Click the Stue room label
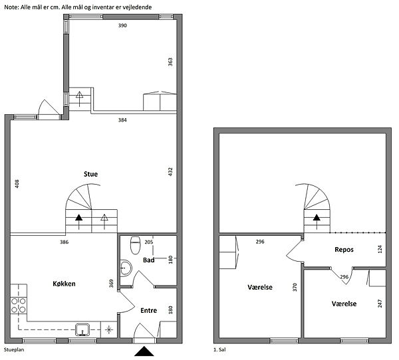coord(90,174)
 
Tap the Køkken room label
coord(64,284)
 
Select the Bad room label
coord(148,260)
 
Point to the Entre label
coord(148,310)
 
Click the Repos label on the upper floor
coord(344,250)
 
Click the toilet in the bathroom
coord(135,245)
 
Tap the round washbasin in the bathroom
coord(126,268)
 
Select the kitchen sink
coord(82,329)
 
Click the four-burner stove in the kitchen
coord(19,306)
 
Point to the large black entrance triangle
coord(144,351)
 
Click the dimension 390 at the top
coord(122,25)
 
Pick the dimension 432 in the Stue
coord(170,171)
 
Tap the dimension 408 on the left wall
coord(17,184)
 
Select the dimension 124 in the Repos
coord(380,249)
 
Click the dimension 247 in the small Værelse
coord(380,304)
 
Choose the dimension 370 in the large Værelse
coord(295,287)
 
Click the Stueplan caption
coord(14,350)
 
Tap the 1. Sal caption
coord(219,349)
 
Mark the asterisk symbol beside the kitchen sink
coord(109,329)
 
